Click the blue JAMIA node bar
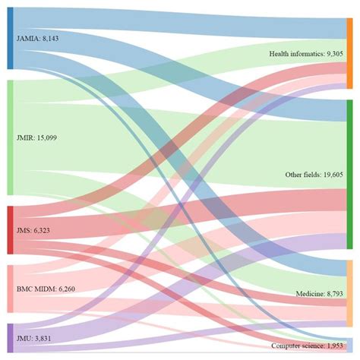(10, 39)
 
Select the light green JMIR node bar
(10, 137)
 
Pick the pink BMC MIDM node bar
(10, 289)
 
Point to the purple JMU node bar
(10, 337)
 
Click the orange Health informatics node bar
(349, 53)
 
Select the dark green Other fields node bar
(349, 174)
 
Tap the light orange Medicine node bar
(349, 293)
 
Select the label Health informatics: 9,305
(306, 54)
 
